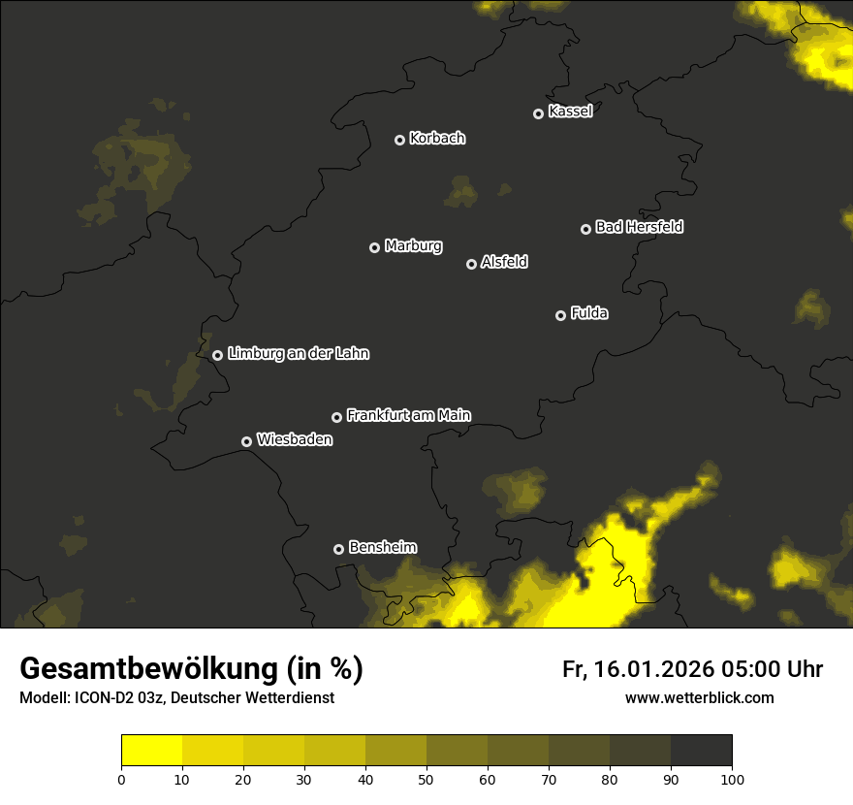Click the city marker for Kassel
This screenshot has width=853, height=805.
(538, 113)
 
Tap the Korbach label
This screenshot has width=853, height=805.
(437, 138)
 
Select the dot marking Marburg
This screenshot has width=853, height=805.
(374, 247)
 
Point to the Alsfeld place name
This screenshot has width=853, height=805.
(504, 262)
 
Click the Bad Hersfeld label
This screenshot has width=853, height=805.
(639, 227)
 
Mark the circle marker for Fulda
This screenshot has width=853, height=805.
(560, 315)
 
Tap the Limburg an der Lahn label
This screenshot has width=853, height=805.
(298, 354)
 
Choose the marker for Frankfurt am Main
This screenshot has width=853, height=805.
(336, 417)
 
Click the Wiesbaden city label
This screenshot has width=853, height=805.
(294, 439)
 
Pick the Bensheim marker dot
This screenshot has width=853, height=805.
(338, 549)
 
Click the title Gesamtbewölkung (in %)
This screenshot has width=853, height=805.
(191, 669)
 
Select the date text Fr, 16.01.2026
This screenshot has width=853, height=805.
(638, 669)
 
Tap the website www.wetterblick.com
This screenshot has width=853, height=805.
(699, 697)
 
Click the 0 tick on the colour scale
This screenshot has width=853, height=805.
(121, 779)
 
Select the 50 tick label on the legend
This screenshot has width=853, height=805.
(426, 779)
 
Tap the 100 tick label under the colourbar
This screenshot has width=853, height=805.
(732, 779)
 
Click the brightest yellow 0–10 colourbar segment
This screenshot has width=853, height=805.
(151, 751)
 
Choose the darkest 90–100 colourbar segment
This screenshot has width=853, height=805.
(701, 751)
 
